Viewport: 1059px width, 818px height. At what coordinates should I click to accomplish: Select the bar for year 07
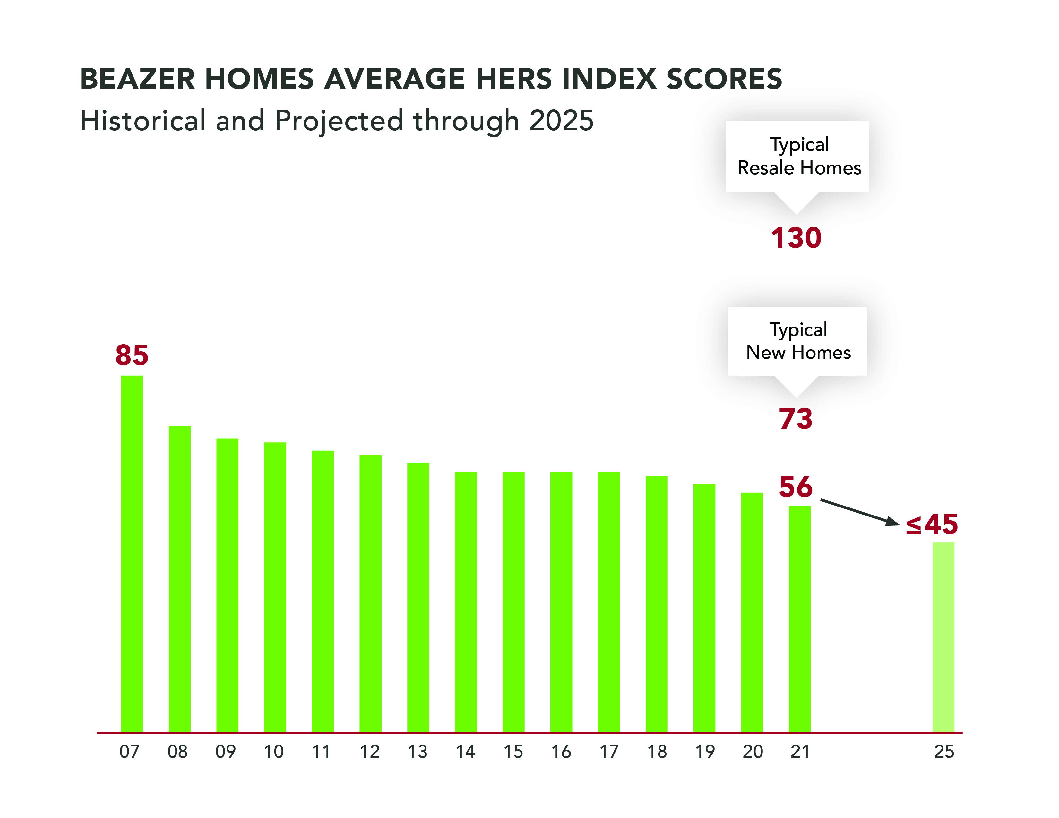point(132,552)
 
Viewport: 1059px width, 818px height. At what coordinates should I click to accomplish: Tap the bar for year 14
point(466,601)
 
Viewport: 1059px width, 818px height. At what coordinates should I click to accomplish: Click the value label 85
point(132,355)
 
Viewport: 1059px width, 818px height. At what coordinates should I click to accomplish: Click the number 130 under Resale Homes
point(796,238)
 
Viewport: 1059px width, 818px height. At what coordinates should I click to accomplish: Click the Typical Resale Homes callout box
point(797,156)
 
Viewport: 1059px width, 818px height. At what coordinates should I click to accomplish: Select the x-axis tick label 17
point(609,752)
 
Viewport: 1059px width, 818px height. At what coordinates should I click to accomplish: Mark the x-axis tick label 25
point(943,752)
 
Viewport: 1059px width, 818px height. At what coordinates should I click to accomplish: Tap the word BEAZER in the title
point(137,79)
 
